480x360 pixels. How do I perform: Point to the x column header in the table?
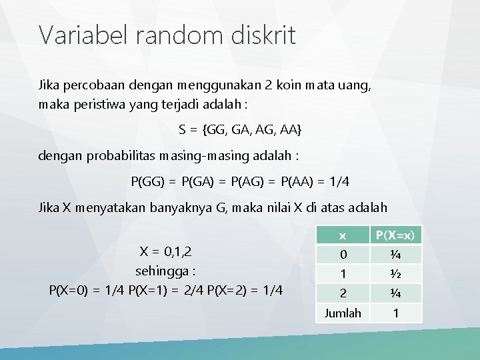point(342,235)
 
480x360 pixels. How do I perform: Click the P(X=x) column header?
point(395,235)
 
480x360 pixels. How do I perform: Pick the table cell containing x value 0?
point(342,255)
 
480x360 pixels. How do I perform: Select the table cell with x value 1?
point(342,273)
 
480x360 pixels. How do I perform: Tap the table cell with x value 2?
point(342,292)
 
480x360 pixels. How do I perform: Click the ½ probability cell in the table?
point(395,273)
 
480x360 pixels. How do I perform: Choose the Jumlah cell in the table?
point(342,313)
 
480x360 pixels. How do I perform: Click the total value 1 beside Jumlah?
point(395,313)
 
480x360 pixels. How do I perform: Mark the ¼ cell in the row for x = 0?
point(395,255)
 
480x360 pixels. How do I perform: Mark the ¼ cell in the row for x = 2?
point(395,292)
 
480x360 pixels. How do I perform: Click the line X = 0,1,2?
point(165,251)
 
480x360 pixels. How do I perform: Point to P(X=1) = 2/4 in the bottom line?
point(178,290)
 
